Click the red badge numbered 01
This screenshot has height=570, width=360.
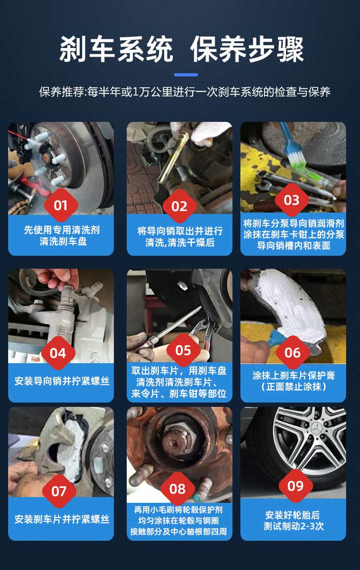[x=61, y=205]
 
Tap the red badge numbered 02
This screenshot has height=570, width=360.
[x=179, y=206]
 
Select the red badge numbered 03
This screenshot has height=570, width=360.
[x=291, y=200]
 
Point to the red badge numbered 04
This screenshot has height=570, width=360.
[x=58, y=353]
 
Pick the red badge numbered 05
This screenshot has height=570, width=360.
[x=183, y=350]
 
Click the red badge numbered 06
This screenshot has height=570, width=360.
[x=292, y=352]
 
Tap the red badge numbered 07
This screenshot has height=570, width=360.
[x=59, y=491]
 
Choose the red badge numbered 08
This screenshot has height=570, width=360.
[x=178, y=489]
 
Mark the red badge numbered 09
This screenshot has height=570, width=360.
[x=296, y=486]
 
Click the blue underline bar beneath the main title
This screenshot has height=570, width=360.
[x=186, y=75]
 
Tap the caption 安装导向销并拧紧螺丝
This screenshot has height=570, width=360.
[x=62, y=381]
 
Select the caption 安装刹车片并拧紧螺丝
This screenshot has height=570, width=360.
[x=62, y=519]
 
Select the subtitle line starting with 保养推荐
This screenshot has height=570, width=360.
[x=185, y=92]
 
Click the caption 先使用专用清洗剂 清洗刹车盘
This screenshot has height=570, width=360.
[x=62, y=235]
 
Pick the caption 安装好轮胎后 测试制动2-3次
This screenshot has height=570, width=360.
[x=293, y=520]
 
